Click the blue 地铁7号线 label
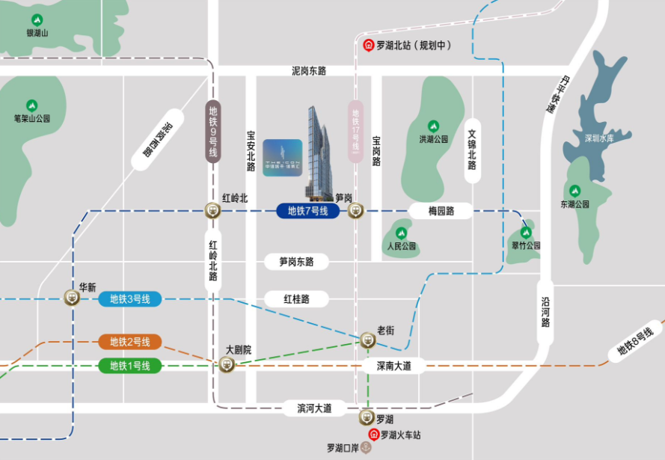308,211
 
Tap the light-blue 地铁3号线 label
130,299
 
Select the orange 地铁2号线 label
130,342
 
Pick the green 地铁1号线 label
130,366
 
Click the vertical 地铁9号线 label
213,132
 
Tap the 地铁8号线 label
635,340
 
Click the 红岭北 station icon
214,211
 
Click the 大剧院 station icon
227,364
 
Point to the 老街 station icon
367,340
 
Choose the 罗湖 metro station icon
367,417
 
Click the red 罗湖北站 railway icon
368,45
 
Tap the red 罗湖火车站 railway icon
372,435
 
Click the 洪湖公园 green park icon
432,126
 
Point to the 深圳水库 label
598,138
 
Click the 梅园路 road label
441,211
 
